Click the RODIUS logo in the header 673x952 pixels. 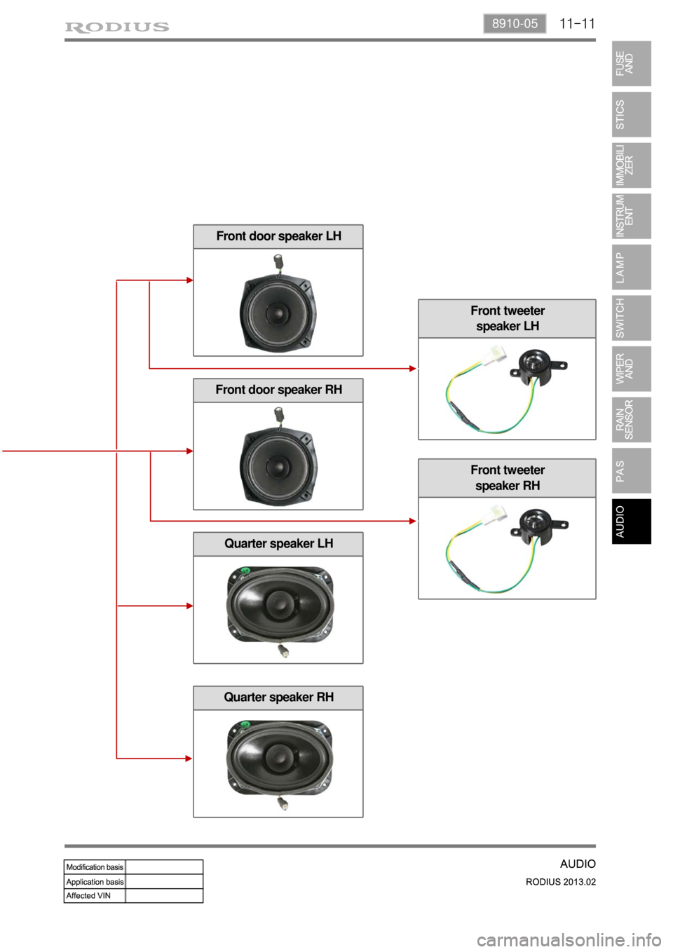(117, 27)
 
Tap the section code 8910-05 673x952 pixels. (515, 24)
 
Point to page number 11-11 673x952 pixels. (577, 24)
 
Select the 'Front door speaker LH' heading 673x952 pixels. (278, 236)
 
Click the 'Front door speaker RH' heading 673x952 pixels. (278, 390)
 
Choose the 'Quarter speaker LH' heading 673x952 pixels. (278, 543)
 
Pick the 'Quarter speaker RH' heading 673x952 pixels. (278, 697)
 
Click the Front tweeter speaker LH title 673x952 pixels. (507, 318)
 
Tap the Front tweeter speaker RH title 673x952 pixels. (507, 477)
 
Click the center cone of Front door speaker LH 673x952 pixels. (278, 312)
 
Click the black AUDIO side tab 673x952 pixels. (631, 522)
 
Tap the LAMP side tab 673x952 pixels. (631, 267)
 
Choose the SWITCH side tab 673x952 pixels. (631, 318)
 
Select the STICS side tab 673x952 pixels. (631, 114)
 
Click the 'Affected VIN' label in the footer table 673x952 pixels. (88, 896)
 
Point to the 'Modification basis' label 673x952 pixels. (95, 867)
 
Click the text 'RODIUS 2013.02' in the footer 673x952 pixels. (560, 882)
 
